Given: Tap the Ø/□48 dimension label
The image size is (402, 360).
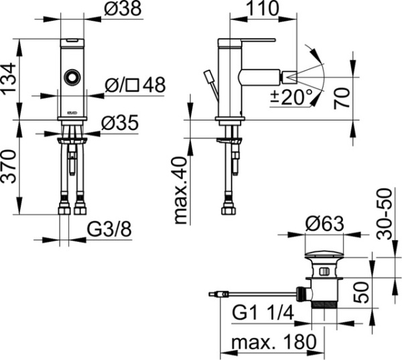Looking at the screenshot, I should pyautogui.click(x=135, y=86).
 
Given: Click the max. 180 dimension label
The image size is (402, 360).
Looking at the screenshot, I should pyautogui.click(x=273, y=343).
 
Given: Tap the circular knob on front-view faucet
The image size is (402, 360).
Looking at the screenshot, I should pyautogui.click(x=70, y=78).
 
